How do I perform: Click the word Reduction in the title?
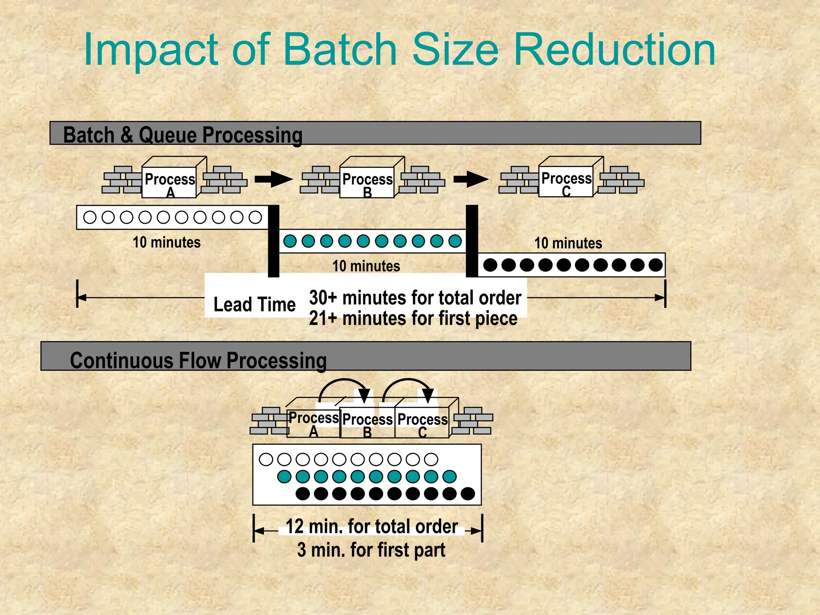tap(615, 50)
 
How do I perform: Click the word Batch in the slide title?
tap(340, 50)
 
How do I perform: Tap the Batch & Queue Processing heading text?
tap(183, 135)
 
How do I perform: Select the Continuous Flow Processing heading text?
tap(198, 360)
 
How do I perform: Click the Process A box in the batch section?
tap(169, 182)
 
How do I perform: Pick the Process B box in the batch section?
tap(367, 182)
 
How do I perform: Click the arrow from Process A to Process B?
tap(273, 179)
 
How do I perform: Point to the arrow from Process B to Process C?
tap(471, 179)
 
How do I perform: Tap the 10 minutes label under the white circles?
tap(167, 242)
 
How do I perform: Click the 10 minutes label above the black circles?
tap(568, 243)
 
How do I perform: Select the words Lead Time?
tap(255, 304)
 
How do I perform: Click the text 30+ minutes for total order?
tap(415, 298)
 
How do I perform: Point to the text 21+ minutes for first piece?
tap(413, 319)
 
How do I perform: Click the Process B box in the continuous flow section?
tap(367, 423)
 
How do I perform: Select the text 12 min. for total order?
tap(372, 526)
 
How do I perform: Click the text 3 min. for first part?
tap(371, 550)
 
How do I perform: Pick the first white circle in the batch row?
tap(90, 217)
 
